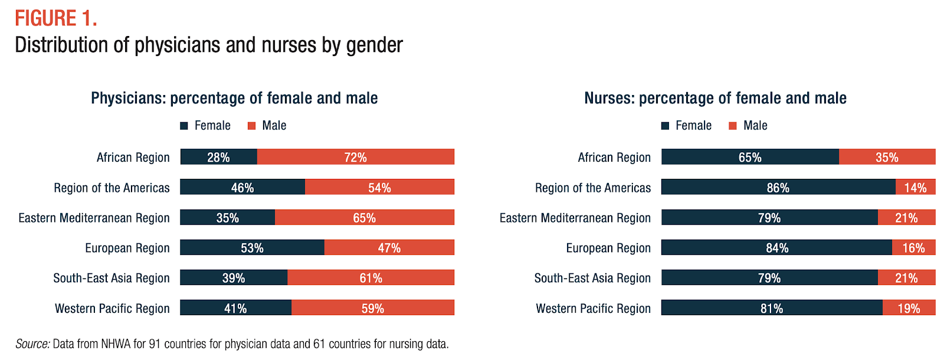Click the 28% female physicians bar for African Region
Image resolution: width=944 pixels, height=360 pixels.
[x=218, y=157]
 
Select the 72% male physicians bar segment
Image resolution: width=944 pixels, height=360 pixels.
[x=356, y=157]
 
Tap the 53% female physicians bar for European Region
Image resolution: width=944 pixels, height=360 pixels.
[x=252, y=247]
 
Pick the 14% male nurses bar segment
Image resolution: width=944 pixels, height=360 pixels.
[x=915, y=187]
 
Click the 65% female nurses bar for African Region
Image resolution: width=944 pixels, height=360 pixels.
[x=750, y=157]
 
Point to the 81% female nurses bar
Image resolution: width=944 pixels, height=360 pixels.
[x=772, y=307]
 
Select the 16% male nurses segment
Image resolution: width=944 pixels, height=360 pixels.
[x=913, y=247]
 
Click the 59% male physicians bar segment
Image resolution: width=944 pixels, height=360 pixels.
[x=373, y=307]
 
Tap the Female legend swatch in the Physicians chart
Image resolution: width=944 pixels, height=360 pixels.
[x=184, y=126]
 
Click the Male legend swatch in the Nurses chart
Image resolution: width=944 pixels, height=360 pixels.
[x=733, y=126]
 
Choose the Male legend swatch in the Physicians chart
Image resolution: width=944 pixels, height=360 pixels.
[x=252, y=126]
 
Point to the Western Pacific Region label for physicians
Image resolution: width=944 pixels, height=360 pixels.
[x=112, y=308]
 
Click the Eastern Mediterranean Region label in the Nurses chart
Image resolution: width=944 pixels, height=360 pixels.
[x=575, y=218]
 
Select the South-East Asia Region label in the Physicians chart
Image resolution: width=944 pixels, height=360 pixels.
[x=112, y=278]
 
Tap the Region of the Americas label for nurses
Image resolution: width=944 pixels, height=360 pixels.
[x=593, y=188]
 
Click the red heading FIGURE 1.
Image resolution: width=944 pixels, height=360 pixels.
[x=56, y=18]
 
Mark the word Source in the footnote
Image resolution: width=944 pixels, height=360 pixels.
[x=32, y=344]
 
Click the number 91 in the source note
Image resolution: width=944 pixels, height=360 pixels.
[x=155, y=344]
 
